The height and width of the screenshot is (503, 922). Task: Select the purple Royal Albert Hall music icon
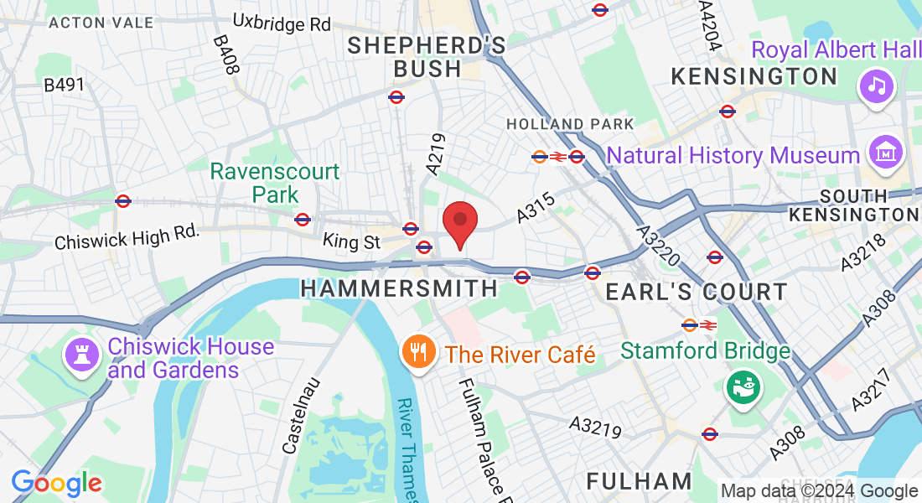coord(877,86)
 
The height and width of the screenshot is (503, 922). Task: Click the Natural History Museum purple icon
coord(884,154)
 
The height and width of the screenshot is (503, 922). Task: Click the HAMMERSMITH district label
coord(399,288)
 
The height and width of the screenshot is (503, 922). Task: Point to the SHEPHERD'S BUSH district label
coord(427,56)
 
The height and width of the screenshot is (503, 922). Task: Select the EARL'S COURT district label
coord(696,292)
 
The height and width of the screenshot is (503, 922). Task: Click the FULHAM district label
coord(639,481)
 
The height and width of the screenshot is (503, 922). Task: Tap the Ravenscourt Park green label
coord(275,183)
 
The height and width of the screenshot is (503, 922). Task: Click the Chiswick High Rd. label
coord(127,236)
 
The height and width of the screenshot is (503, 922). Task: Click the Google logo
coord(56,483)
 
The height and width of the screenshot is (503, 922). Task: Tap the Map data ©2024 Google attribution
coord(819,491)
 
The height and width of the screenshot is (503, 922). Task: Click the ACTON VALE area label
coord(101,23)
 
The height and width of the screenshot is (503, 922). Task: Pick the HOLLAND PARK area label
coord(570,124)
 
